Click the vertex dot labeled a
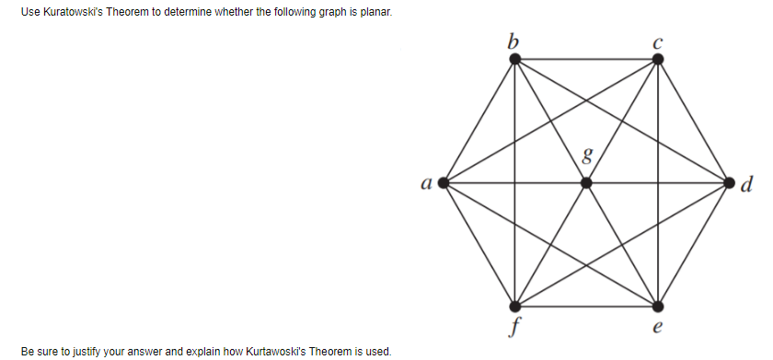pyautogui.click(x=444, y=182)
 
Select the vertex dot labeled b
pyautogui.click(x=515, y=59)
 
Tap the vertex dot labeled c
pyautogui.click(x=657, y=59)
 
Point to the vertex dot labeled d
pyautogui.click(x=729, y=182)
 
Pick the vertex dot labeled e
pyautogui.click(x=657, y=305)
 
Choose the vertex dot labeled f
pyautogui.click(x=515, y=305)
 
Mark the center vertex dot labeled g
pyautogui.click(x=586, y=182)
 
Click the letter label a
pyautogui.click(x=426, y=183)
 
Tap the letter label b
pyautogui.click(x=513, y=40)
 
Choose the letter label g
pyautogui.click(x=582, y=156)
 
